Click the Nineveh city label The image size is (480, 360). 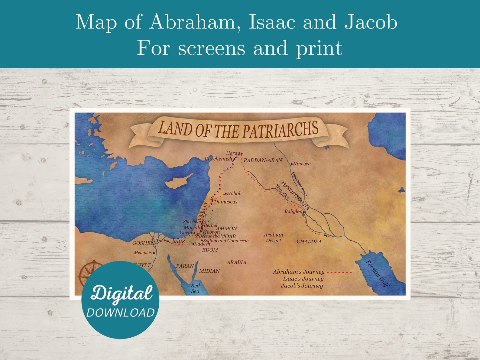click(302, 164)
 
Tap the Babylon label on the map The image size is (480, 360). click(293, 211)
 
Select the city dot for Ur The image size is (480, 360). click(325, 235)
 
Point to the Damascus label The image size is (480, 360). click(226, 202)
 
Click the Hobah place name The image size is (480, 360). click(234, 193)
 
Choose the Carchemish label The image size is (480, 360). click(218, 159)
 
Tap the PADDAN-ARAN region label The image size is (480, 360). click(263, 160)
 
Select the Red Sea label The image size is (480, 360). click(195, 288)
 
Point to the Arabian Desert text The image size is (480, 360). click(273, 238)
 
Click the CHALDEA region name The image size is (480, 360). click(309, 242)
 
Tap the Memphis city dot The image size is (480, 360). click(154, 253)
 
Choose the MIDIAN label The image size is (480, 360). click(209, 271)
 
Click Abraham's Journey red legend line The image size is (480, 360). click(339, 272)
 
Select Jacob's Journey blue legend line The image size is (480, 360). click(339, 286)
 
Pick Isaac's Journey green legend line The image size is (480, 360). click(339, 279)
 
